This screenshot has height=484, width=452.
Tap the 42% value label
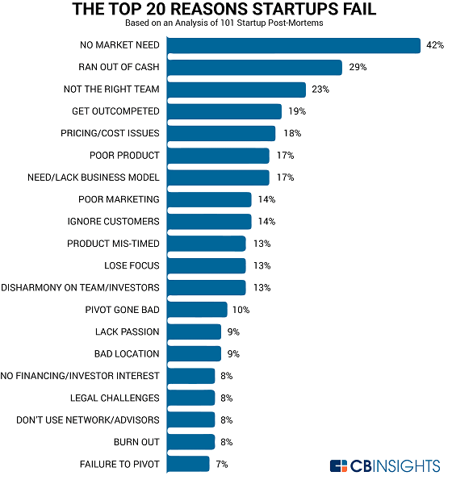(x=435, y=45)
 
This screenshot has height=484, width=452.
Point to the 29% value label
(x=357, y=67)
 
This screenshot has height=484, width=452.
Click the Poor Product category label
(x=124, y=155)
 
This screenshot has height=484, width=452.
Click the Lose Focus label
(x=132, y=265)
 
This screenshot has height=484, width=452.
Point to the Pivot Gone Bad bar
(x=199, y=309)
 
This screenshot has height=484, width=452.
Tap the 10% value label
(x=241, y=309)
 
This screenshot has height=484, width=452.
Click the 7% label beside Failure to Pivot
(x=220, y=464)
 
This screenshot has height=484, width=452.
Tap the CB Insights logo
(x=384, y=465)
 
